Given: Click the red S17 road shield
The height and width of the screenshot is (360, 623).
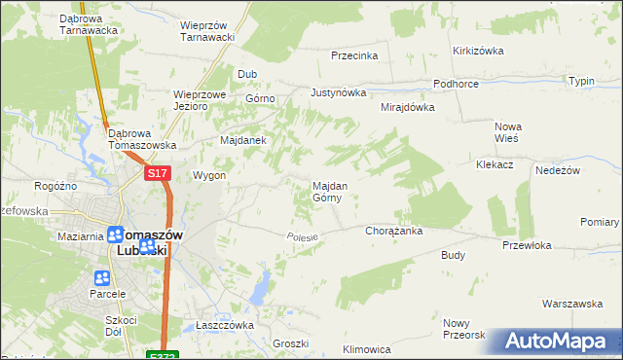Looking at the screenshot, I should pos(159,173).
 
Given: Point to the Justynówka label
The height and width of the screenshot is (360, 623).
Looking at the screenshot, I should pos(338,93).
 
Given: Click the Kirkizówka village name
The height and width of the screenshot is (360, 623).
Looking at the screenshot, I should pos(477,51).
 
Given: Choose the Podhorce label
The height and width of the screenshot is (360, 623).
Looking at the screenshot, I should pos(456,85).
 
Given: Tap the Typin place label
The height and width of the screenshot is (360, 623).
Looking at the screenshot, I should pos(581,81).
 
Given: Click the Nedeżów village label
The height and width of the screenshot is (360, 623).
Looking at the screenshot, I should pos(558,170).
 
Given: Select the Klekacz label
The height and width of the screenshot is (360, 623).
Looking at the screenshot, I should pos(495,165).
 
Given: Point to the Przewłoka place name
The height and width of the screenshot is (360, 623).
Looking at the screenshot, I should pos(527,246).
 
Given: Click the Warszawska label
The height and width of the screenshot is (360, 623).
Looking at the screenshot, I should pos(571,304).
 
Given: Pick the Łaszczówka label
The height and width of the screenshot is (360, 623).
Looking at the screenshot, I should pos(225,325).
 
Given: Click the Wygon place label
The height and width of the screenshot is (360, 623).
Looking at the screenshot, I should pos(209,176).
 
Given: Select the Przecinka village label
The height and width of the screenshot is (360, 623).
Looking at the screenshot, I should pos(354,56).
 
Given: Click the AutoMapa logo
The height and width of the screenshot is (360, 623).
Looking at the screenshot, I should pos(555,342).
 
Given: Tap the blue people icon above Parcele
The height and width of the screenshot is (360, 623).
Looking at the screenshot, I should pos(102,279).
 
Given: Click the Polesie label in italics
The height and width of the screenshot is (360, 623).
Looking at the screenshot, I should pos(304,237).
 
